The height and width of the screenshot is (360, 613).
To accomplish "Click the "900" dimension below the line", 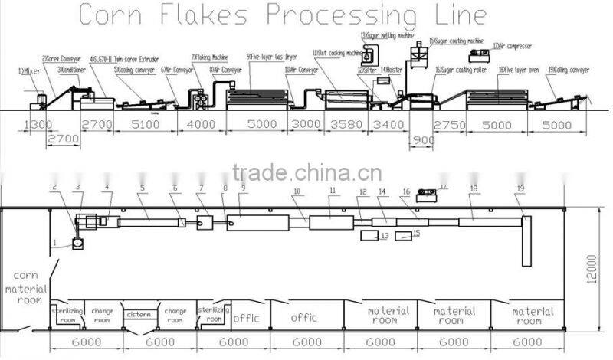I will (422, 140).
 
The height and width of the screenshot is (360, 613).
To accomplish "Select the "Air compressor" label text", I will (509, 45).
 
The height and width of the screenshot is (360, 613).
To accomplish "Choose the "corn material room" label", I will (25, 290).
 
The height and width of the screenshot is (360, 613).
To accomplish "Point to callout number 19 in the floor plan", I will (520, 188).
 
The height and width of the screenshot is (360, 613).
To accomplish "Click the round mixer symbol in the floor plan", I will (77, 244).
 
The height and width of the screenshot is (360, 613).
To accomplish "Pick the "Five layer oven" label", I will (519, 70).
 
